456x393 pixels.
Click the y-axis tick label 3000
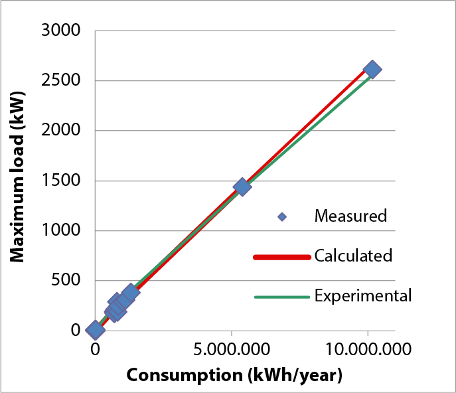61,31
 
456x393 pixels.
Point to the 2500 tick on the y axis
61,81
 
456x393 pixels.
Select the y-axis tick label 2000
61,131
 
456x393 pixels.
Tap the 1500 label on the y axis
61,181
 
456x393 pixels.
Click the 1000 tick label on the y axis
61,231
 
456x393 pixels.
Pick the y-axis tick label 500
66,281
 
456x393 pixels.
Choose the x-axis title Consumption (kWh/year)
234,375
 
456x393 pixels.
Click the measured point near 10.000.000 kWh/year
372,70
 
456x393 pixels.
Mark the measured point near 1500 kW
242,187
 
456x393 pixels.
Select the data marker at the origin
96,329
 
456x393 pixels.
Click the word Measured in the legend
350,216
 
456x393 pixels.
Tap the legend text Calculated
353,256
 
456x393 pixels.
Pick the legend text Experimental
363,295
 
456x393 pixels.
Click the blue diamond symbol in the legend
282,216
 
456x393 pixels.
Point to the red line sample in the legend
282,256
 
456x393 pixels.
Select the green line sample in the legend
282,296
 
